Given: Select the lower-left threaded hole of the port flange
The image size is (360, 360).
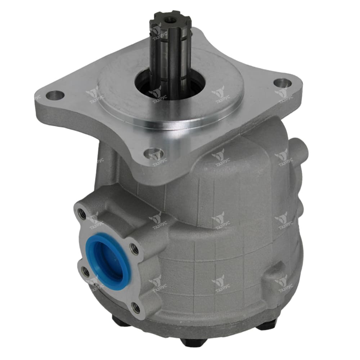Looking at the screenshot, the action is click(85, 271).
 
